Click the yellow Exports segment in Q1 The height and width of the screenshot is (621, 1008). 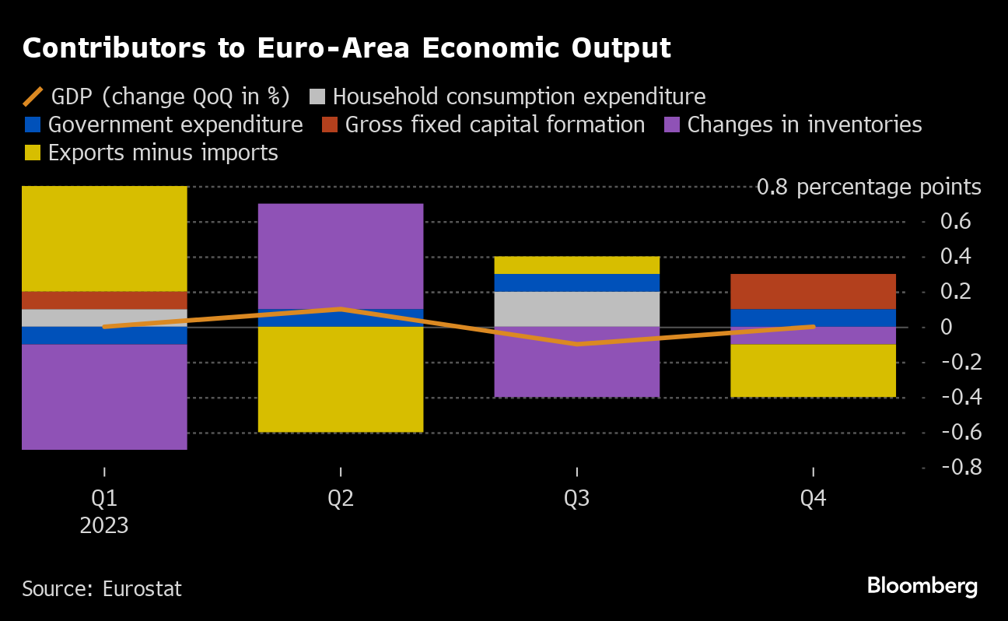104,238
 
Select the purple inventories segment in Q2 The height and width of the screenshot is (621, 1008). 341,256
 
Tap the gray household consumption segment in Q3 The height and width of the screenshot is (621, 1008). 577,309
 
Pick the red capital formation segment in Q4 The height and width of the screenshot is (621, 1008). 814,291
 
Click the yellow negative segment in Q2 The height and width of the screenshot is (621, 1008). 341,379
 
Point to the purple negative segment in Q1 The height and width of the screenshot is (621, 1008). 104,396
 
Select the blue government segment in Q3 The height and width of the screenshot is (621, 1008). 577,282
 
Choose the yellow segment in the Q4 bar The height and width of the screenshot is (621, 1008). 814,370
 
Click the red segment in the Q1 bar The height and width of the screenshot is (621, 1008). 104,300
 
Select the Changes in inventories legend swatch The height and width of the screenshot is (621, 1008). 674,125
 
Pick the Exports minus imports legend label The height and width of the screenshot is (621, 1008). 163,153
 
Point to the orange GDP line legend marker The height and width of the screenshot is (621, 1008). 33,96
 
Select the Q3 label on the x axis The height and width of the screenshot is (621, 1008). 577,499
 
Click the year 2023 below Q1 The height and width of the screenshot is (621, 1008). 104,526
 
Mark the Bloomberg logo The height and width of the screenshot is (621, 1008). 922,586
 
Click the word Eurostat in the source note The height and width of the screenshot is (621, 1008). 142,589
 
